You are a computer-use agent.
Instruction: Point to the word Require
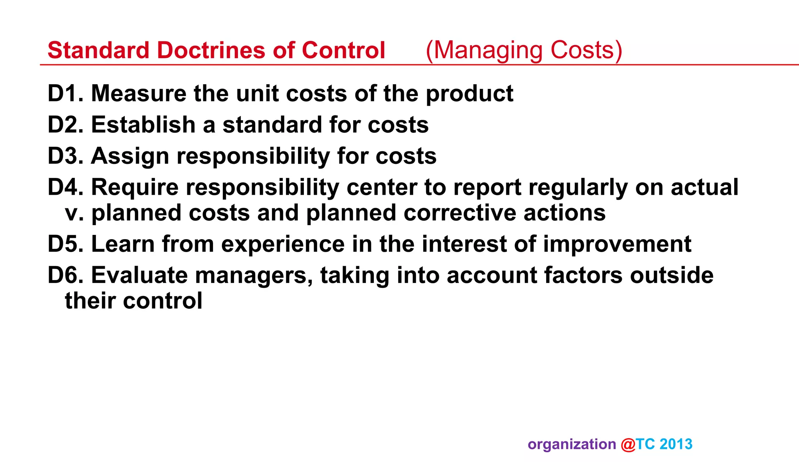(x=135, y=188)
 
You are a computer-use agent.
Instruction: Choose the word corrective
(x=460, y=213)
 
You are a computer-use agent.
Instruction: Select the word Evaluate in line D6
(x=139, y=275)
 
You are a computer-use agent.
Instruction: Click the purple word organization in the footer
(x=572, y=445)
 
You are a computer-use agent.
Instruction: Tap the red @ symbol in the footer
(x=628, y=445)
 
